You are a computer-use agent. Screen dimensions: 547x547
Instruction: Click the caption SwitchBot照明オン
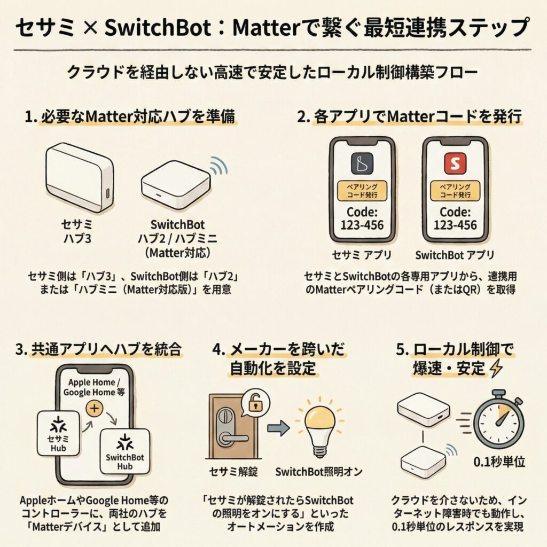click(x=320, y=472)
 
